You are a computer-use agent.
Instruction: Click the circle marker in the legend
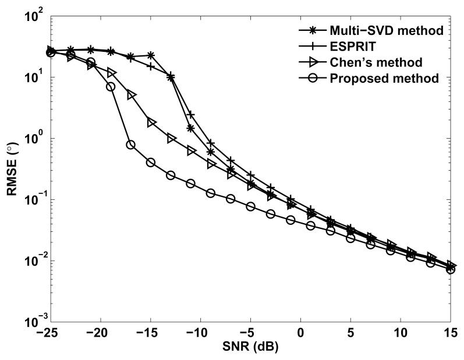312,78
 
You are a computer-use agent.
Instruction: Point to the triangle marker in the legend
312,62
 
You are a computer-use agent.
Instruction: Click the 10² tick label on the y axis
34,16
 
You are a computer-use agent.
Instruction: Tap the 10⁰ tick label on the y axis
35,139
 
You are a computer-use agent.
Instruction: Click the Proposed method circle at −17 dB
131,144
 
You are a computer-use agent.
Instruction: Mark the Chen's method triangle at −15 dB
151,123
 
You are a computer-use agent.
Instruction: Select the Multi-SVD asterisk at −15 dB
151,55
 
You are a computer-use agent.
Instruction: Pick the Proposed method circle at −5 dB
251,207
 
